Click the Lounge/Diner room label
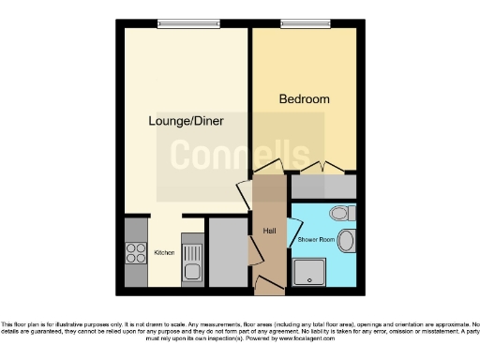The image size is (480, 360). click(x=186, y=121)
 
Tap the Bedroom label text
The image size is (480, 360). click(x=305, y=98)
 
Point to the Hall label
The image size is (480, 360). click(x=268, y=230)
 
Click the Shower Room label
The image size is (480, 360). click(x=314, y=240)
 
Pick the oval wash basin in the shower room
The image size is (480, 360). click(x=347, y=241)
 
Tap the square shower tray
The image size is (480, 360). click(x=308, y=272)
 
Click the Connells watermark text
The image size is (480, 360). click(x=239, y=155)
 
